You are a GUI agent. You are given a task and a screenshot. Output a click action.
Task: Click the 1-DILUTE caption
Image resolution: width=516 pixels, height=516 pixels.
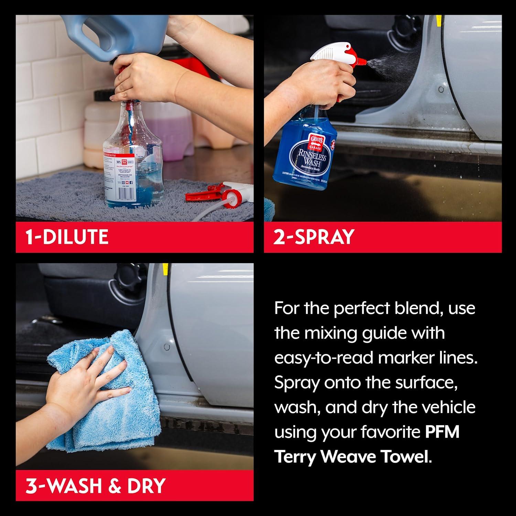tap(67, 237)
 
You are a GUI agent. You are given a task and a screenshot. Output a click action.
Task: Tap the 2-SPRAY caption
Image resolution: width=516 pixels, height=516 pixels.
tap(314, 237)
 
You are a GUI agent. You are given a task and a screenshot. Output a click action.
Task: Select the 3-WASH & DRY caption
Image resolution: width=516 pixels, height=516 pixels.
tap(96, 485)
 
